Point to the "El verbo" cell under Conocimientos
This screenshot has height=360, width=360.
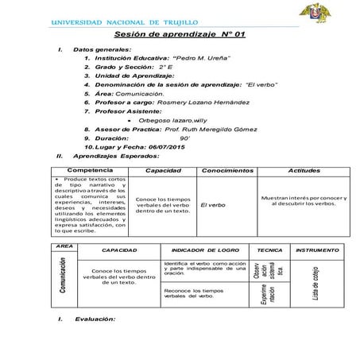pos(213,206)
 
